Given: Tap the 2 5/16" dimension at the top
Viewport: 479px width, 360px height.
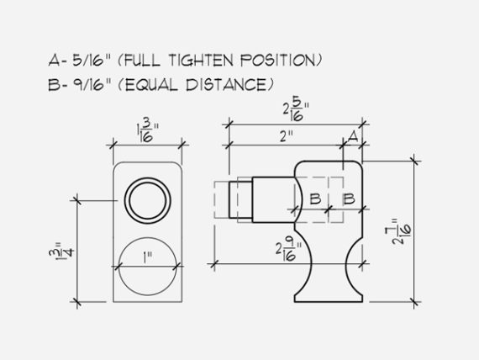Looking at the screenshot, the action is [x=296, y=111].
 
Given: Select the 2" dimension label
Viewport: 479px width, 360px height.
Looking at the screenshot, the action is [x=287, y=136].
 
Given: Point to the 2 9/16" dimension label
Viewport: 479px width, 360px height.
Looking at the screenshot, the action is [x=288, y=251].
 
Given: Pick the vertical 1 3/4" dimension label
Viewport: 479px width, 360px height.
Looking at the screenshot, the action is [x=61, y=250].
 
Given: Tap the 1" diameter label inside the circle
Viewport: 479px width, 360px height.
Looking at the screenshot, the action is [x=148, y=258].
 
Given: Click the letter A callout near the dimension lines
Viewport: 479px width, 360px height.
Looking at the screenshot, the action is [x=353, y=136].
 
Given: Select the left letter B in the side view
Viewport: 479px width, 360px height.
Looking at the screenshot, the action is [x=315, y=199].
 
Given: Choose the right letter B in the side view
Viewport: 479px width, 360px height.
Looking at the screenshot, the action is [x=348, y=199].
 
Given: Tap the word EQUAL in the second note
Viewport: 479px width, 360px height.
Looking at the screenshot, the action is [x=151, y=85].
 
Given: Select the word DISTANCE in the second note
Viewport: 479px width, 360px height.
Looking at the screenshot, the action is [x=227, y=85].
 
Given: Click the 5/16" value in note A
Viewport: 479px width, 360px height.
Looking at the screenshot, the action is [x=91, y=60].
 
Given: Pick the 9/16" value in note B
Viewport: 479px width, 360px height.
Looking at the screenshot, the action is [x=91, y=85].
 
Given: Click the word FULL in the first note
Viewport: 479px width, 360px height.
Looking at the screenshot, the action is [x=142, y=60].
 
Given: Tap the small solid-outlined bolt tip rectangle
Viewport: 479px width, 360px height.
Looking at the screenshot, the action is [x=240, y=199].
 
